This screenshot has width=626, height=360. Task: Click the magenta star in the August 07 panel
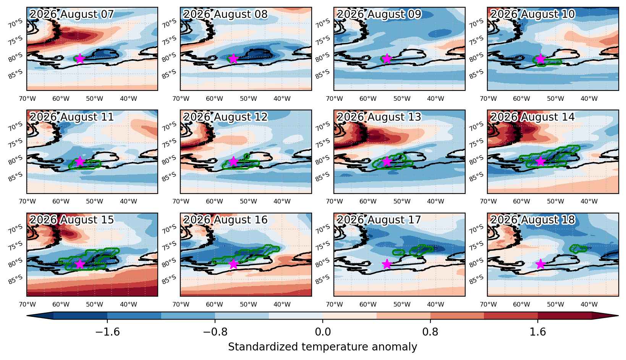(80, 59)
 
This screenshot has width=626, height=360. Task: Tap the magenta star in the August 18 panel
(540, 264)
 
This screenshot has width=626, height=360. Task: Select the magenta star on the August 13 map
(387, 161)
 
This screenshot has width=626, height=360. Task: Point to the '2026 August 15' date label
(72, 220)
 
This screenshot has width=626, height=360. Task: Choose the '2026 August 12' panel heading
(225, 117)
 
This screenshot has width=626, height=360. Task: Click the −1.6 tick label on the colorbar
(108, 332)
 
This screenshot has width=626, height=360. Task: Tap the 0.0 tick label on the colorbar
(323, 332)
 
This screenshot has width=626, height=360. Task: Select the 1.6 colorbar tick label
(538, 332)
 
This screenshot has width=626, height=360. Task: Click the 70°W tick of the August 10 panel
(488, 98)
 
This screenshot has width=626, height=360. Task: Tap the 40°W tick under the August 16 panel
(282, 304)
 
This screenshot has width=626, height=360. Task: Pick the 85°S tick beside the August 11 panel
(15, 177)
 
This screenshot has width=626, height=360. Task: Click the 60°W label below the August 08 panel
(214, 98)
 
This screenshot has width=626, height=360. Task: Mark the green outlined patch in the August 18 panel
(578, 249)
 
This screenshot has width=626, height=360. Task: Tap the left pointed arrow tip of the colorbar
(27, 316)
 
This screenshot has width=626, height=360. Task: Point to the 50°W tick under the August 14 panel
(556, 201)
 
